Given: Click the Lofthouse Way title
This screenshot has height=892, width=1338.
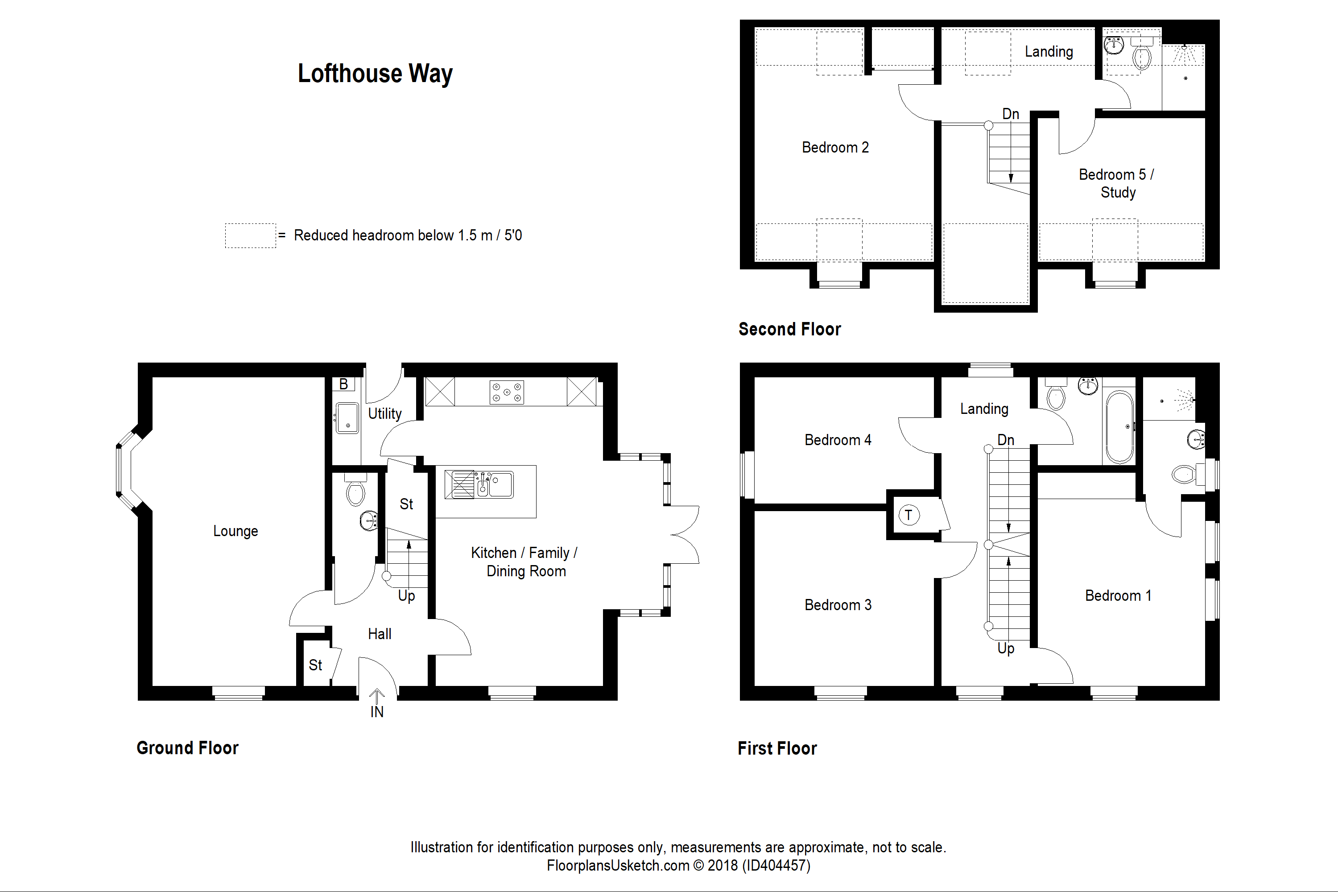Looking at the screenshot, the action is click(375, 74).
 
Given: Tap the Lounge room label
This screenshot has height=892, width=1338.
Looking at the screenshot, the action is click(235, 531).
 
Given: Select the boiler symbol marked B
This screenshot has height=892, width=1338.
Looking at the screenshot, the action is click(343, 384).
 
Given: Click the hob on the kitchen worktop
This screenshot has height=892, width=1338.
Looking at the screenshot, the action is click(506, 392).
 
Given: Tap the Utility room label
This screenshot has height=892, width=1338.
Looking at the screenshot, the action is click(384, 413).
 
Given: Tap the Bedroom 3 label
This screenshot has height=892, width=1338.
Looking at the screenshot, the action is click(838, 605).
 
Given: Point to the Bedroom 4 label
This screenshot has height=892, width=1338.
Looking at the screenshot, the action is click(838, 440).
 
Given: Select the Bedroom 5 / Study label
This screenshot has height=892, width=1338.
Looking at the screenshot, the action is click(1117, 183).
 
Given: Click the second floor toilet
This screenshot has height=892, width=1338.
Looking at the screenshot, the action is click(1142, 56).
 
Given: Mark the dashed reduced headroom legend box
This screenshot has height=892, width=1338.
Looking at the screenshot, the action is click(250, 235).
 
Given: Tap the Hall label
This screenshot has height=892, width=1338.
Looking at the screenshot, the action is click(380, 634).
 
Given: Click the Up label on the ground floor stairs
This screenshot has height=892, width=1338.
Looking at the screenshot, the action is click(406, 595).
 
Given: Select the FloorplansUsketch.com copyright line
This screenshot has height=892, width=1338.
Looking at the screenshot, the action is click(678, 865).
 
